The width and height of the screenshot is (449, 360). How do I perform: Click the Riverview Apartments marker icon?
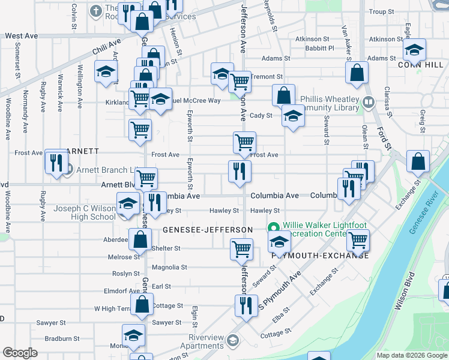pyautogui.click(x=232, y=341)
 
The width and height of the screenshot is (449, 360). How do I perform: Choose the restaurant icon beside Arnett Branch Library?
pyautogui.click(x=56, y=162)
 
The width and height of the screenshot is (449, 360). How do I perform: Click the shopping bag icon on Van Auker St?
pyautogui.click(x=357, y=73)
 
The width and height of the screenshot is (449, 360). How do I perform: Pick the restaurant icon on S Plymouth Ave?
pyautogui.click(x=246, y=305)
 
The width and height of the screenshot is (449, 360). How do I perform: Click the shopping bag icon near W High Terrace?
pyautogui.click(x=142, y=304)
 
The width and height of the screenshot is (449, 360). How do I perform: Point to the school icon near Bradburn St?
pyautogui.click(x=133, y=336)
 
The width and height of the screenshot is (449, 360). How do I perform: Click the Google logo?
pyautogui.click(x=20, y=353)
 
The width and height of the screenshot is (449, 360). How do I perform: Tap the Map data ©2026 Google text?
pyautogui.click(x=411, y=355)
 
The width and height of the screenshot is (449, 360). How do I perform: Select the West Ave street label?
pyautogui.click(x=21, y=36)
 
